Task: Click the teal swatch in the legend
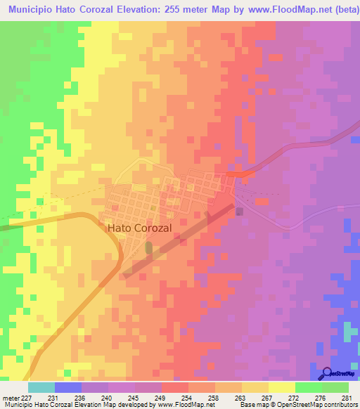(x=41, y=387)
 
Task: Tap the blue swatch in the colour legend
(x=68, y=387)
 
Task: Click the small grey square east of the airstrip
(x=240, y=211)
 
